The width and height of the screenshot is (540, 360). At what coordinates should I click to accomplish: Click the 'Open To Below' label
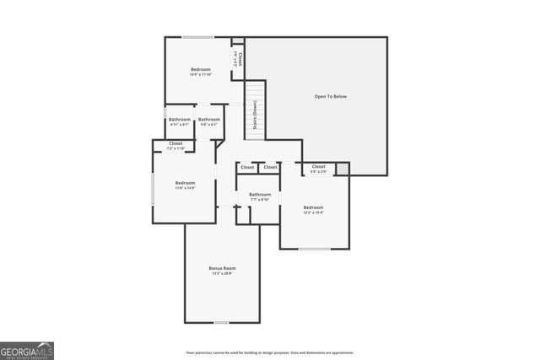[x=330, y=97]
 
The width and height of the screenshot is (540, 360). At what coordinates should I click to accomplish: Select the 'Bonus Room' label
[x=222, y=268]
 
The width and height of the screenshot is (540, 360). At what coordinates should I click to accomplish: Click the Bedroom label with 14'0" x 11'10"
[x=201, y=69]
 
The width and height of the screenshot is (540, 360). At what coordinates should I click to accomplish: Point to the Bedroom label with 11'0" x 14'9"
[x=185, y=183]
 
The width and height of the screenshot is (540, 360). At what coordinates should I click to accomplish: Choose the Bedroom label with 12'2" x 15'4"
[x=313, y=207]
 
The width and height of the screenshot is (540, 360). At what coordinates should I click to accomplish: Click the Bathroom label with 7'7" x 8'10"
[x=260, y=195]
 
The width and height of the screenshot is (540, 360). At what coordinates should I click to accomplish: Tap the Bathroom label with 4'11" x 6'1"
[x=179, y=120]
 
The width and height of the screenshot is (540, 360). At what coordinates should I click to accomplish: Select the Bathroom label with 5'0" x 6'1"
[x=209, y=120]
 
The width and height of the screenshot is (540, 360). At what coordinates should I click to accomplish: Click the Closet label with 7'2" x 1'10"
[x=175, y=144]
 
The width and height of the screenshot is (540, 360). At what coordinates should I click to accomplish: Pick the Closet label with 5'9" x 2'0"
[x=318, y=167]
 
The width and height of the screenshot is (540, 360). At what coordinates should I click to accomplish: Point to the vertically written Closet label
[x=240, y=59]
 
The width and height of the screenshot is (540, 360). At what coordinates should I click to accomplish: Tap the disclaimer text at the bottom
[x=270, y=352]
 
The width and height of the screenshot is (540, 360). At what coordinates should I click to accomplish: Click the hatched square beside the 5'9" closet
[x=342, y=169]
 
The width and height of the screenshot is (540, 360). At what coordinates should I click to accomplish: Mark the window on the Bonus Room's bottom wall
[x=221, y=322]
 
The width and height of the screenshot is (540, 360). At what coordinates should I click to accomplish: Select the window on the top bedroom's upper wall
[x=198, y=37]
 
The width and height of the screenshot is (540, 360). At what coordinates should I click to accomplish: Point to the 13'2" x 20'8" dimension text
[x=222, y=274]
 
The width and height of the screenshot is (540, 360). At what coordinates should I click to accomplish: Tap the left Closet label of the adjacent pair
[x=247, y=167]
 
